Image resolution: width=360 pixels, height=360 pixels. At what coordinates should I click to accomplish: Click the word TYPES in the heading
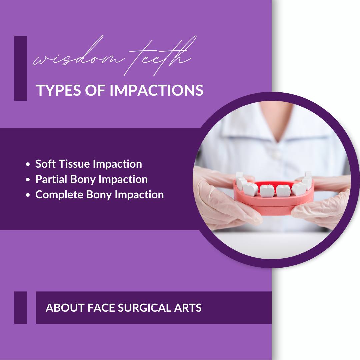click(59, 90)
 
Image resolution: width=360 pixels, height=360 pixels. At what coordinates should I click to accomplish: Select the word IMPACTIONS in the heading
click(156, 90)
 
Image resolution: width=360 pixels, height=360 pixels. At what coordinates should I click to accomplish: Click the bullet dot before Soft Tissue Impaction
click(28, 164)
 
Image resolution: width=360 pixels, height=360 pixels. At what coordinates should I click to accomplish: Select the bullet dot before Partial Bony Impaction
click(28, 180)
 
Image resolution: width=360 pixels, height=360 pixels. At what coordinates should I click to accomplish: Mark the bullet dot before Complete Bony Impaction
click(28, 195)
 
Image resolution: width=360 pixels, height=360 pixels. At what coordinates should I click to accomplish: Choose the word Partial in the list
click(51, 179)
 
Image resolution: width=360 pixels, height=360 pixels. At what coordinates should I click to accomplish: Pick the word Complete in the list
click(59, 195)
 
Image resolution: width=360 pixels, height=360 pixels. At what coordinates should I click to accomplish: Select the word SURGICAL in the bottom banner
click(144, 308)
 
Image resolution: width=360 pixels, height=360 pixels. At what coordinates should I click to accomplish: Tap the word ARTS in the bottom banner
click(188, 308)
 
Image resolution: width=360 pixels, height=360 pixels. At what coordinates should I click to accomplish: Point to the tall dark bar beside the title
click(20, 68)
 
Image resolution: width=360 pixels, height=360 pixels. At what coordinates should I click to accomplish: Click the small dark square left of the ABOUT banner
click(20, 308)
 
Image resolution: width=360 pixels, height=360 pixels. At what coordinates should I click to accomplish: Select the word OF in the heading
click(95, 90)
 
